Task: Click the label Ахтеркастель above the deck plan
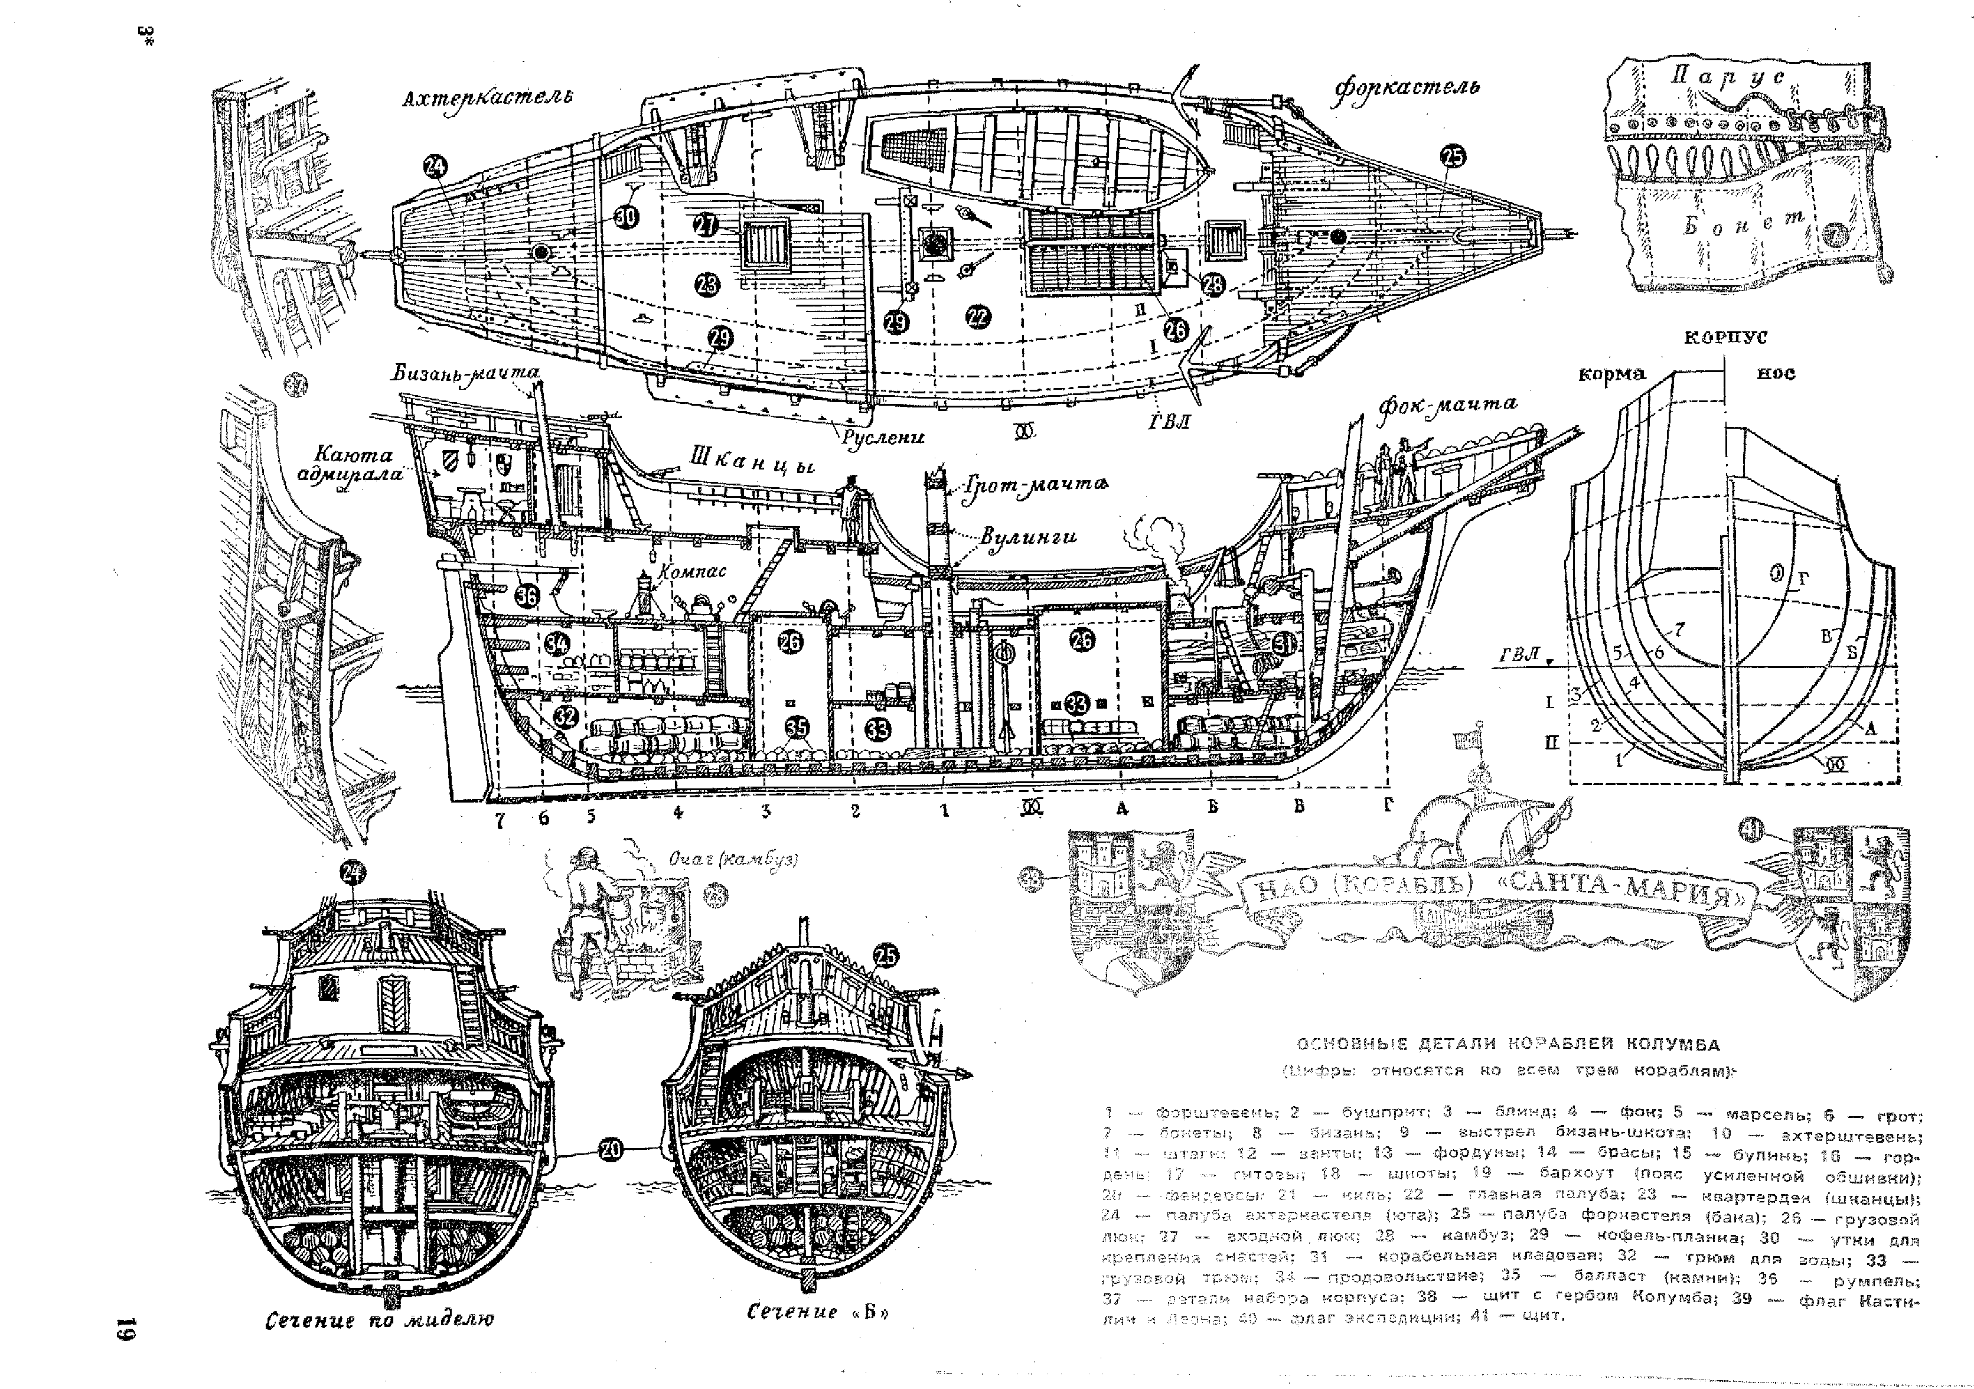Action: tap(488, 99)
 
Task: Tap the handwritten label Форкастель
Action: tap(1407, 89)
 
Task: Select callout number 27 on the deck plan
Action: tap(706, 226)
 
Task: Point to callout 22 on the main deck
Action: tap(977, 317)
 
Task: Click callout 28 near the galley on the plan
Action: tap(1212, 285)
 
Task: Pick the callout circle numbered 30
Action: tap(626, 216)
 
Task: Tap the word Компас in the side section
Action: tap(692, 571)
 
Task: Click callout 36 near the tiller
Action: tap(527, 594)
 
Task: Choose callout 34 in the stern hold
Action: tap(556, 643)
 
